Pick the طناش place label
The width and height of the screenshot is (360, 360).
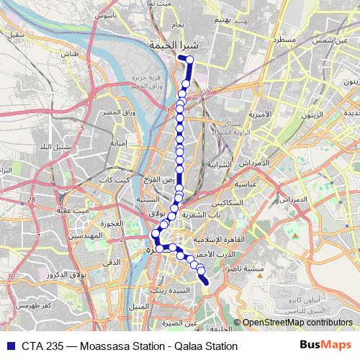(69, 54)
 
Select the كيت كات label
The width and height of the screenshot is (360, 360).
(114, 179)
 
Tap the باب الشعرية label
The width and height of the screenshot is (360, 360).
(210, 215)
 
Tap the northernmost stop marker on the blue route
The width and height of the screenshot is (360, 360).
(190, 60)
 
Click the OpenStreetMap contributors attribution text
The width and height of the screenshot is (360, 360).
(297, 323)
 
